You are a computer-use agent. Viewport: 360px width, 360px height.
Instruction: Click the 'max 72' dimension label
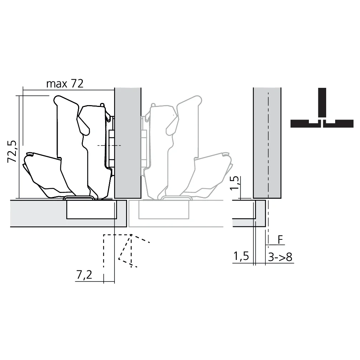[x=65, y=84]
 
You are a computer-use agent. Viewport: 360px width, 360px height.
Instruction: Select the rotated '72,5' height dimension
[x=13, y=151]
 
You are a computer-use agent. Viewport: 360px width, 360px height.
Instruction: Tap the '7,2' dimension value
[x=84, y=275]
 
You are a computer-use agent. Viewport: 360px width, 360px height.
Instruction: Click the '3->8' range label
[x=280, y=257]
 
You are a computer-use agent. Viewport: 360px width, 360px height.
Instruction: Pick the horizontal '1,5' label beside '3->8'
[x=241, y=257]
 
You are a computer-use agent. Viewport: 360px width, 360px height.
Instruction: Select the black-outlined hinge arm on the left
[x=72, y=144]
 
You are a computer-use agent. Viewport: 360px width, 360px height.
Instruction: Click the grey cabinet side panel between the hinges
[x=127, y=144]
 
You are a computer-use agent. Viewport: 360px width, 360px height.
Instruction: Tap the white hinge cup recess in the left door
[x=92, y=211]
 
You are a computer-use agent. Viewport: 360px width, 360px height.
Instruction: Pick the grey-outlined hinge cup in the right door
[x=164, y=211]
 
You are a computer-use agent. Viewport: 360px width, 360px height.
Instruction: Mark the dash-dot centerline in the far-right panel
[x=268, y=144]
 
